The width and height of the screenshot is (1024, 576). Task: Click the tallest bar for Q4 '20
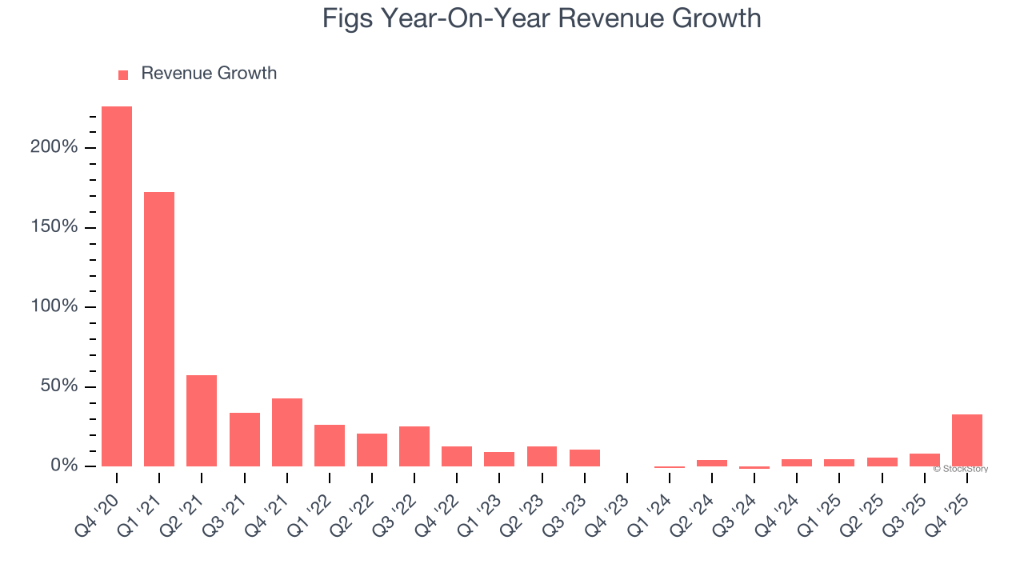click(x=117, y=286)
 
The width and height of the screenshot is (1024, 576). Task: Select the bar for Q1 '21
click(x=159, y=329)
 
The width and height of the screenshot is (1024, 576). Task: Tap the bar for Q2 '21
click(x=202, y=421)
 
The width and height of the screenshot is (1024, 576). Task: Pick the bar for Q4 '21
click(x=287, y=432)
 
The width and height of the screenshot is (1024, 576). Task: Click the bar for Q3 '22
click(x=414, y=446)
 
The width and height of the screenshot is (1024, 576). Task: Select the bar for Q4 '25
click(x=967, y=440)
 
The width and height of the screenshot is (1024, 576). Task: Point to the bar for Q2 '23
click(x=542, y=456)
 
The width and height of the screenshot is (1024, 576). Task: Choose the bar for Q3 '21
click(x=245, y=439)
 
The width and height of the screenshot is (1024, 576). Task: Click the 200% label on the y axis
click(x=54, y=147)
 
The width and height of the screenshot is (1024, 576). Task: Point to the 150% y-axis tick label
click(x=54, y=227)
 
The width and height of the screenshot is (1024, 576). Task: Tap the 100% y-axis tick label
click(x=54, y=307)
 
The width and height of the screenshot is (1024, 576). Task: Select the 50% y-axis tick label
click(x=58, y=386)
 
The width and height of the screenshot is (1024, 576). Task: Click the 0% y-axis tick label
click(x=63, y=466)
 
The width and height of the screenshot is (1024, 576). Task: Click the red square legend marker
click(x=123, y=74)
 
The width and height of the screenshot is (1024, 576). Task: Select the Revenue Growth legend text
click(x=209, y=74)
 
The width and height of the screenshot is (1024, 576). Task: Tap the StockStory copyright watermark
click(x=960, y=469)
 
